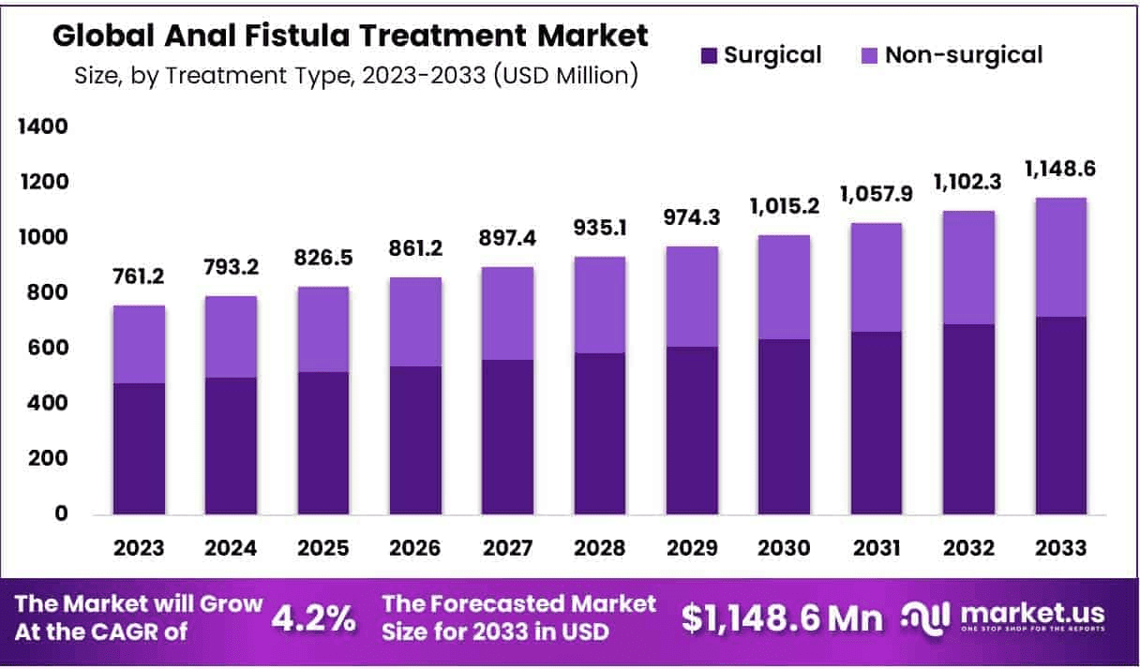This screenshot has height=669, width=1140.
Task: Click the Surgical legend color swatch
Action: pos(710,55)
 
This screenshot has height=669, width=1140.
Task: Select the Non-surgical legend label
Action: pos(964,55)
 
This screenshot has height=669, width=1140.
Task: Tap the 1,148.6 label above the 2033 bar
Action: pos(1061,169)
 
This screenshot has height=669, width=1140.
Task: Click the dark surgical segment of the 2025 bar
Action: pos(324,443)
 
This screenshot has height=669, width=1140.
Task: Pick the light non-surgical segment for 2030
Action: pos(784,287)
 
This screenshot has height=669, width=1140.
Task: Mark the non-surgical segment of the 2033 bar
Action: pos(1060,257)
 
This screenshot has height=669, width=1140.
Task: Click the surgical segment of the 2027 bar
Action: pos(508,437)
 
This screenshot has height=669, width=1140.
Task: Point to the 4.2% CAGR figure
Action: pos(313,617)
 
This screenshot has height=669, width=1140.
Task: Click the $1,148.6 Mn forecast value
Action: pos(781,617)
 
